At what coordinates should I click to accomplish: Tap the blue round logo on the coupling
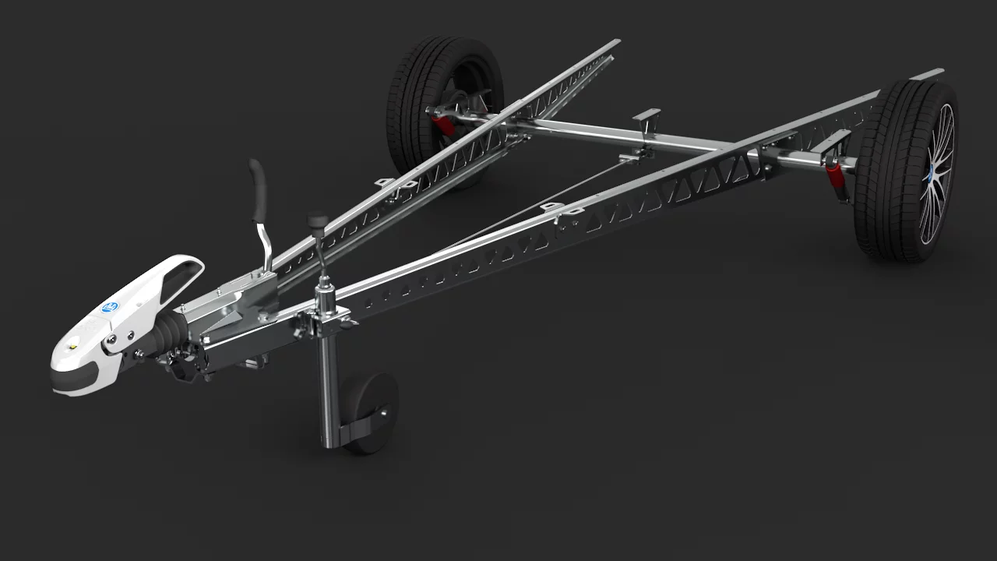click(110, 306)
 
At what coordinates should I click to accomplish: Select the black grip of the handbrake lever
click(258, 187)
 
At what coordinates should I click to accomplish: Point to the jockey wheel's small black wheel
click(372, 412)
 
